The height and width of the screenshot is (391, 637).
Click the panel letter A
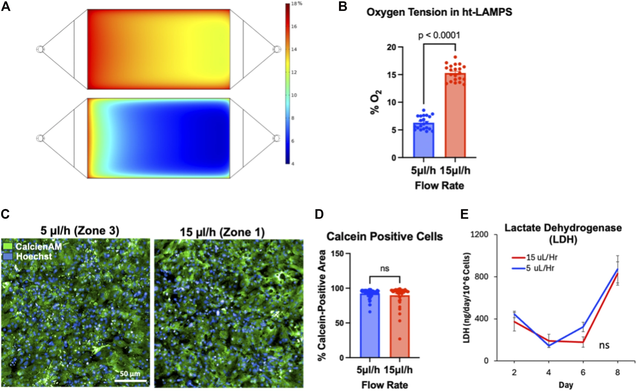pyautogui.click(x=6, y=6)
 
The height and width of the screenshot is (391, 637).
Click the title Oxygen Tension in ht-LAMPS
pyautogui.click(x=439, y=12)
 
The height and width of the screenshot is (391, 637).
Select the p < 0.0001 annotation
pyautogui.click(x=439, y=35)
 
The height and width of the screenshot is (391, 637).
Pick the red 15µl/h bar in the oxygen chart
pyautogui.click(x=455, y=115)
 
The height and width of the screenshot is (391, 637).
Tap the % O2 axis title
pyautogui.click(x=375, y=102)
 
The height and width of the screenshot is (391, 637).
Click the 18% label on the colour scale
pyautogui.click(x=297, y=4)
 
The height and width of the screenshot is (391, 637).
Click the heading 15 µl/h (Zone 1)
pyautogui.click(x=222, y=232)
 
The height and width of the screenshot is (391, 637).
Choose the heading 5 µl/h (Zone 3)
pyautogui.click(x=79, y=231)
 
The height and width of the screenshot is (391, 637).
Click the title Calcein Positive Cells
pyautogui.click(x=384, y=237)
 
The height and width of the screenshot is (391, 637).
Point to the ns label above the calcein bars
pyautogui.click(x=384, y=269)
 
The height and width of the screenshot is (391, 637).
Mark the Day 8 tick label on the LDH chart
pyautogui.click(x=617, y=372)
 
